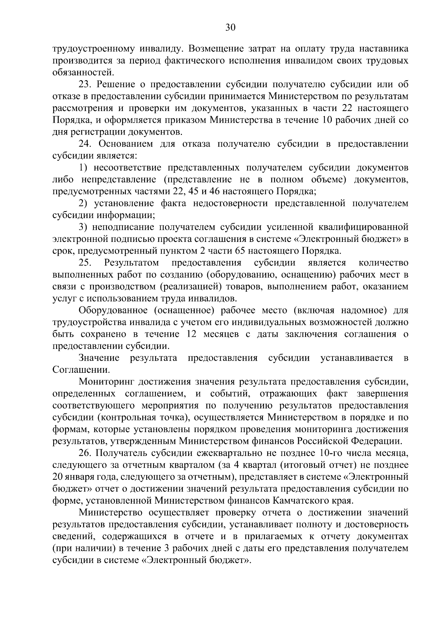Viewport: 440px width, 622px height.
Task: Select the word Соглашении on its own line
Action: [81, 370]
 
